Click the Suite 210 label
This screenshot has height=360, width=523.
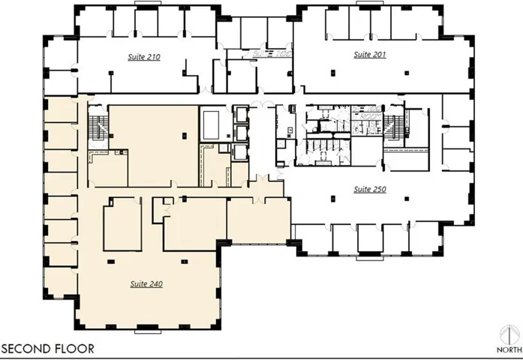coord(144,57)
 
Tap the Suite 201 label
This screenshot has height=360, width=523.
coord(370,54)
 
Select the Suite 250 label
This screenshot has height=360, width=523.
coord(370,189)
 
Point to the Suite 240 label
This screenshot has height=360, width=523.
coord(146,284)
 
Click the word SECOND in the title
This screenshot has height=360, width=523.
coord(26,349)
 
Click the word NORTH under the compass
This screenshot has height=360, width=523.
coord(509,349)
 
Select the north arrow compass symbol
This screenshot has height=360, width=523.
coord(509,336)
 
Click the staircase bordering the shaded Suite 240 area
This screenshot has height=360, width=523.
coord(98,127)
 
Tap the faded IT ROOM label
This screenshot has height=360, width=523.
coord(367,116)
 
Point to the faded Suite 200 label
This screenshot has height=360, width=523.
coord(272,54)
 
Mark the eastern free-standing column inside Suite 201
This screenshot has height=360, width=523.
coord(407,73)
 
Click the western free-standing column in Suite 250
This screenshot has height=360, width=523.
coord(332,199)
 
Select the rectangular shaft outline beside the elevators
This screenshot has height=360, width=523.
coord(211,125)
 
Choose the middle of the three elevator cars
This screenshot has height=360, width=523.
coord(240,133)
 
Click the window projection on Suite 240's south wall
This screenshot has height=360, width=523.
coord(148,331)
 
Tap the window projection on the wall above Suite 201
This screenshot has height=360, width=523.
coord(369,3)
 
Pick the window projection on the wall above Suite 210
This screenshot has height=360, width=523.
coord(148,3)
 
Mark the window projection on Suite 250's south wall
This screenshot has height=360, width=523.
coord(370,258)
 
